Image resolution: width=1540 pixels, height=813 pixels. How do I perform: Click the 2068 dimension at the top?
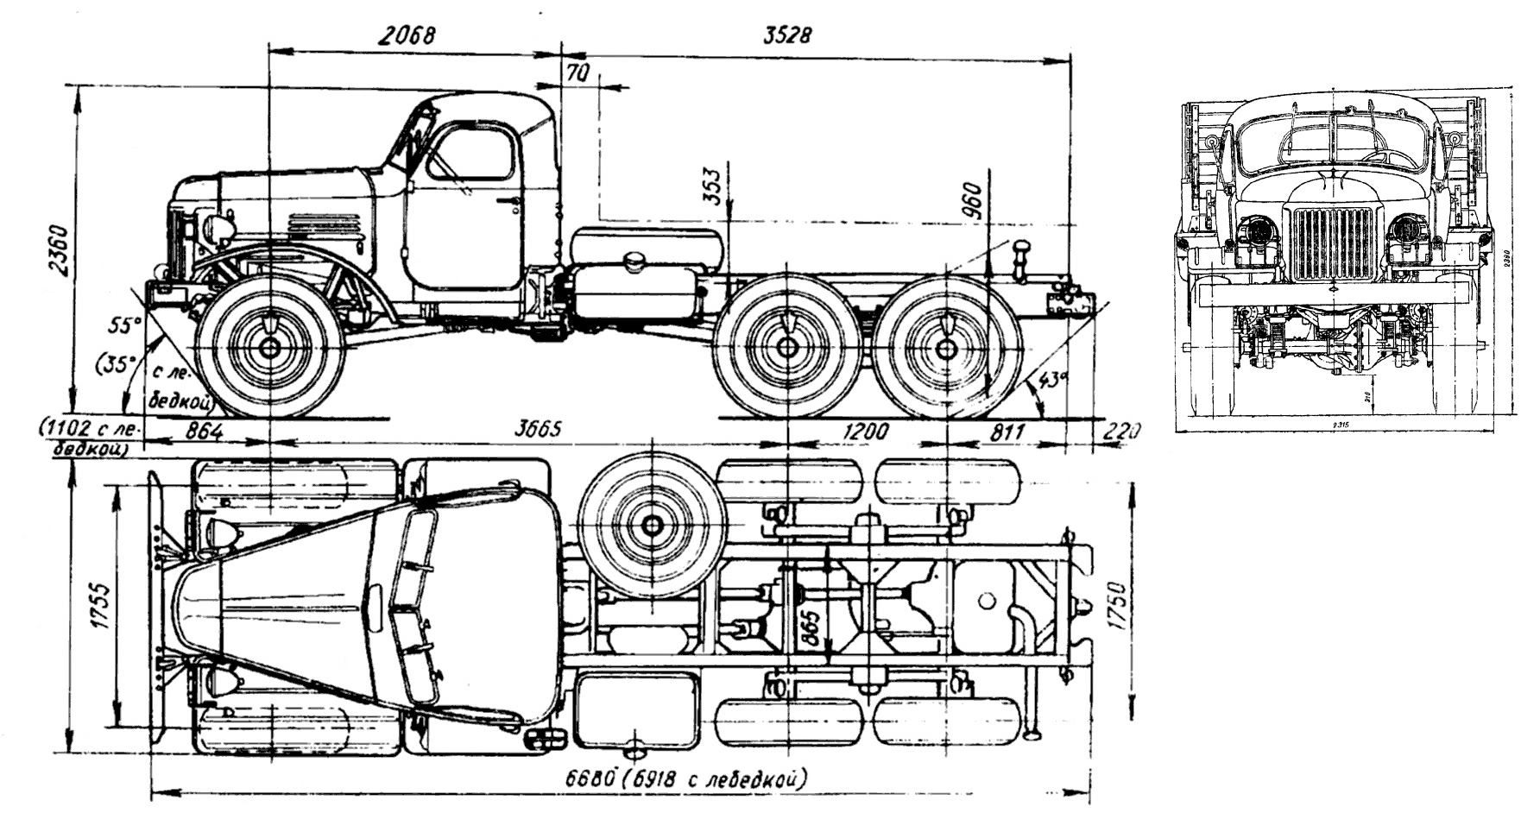pos(406,35)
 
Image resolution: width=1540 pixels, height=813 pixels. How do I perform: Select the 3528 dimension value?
pos(787,35)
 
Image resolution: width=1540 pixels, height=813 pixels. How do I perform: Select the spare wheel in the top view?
pos(652,524)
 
